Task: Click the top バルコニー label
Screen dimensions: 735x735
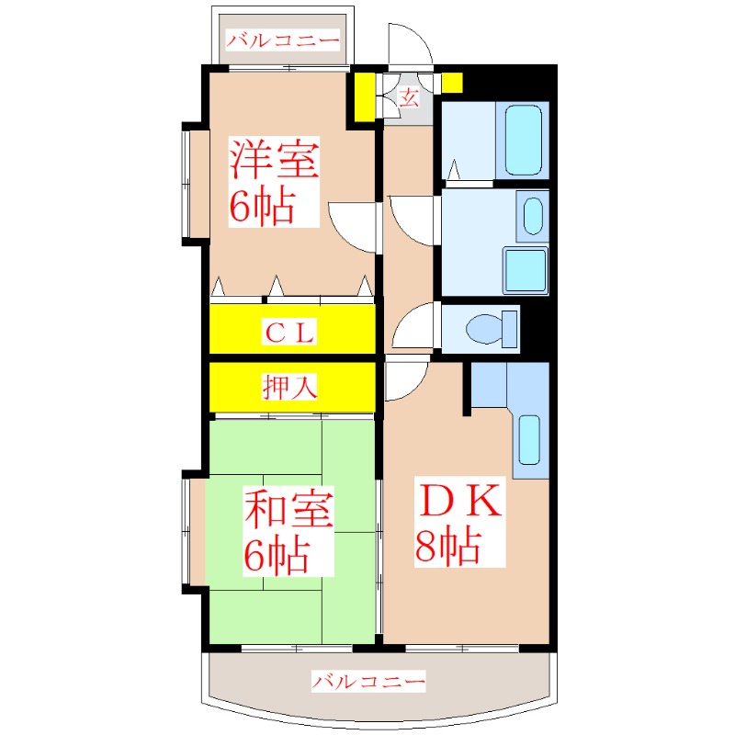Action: [x=284, y=40]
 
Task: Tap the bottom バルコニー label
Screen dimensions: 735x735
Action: [x=367, y=682]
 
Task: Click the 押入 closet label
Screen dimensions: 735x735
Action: [x=291, y=388]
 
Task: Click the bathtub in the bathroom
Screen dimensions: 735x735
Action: [x=523, y=139]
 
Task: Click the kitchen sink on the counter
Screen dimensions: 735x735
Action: [x=529, y=440]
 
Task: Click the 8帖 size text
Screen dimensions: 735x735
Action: [x=447, y=548]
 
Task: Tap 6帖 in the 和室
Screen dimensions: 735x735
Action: [x=276, y=554]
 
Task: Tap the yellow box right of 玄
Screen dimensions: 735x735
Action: [x=451, y=82]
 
